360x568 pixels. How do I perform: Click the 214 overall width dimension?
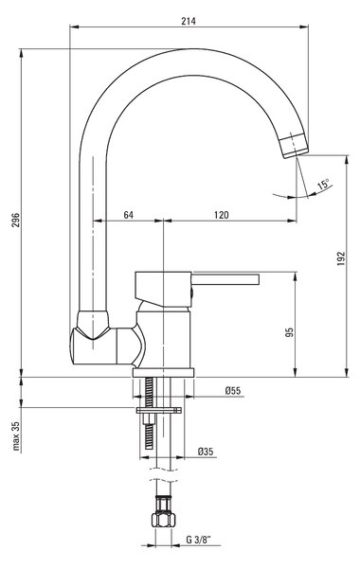[189, 22]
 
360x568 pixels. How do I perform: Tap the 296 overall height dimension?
[15, 220]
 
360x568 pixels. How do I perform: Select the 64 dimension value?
[128, 215]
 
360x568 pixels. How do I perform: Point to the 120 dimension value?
[221, 215]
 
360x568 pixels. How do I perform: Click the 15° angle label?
[324, 185]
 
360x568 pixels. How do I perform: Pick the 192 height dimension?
[341, 258]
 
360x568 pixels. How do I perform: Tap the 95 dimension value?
[289, 332]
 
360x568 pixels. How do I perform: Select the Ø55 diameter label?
[232, 390]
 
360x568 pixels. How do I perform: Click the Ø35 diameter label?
[206, 452]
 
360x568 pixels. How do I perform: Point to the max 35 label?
[16, 435]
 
